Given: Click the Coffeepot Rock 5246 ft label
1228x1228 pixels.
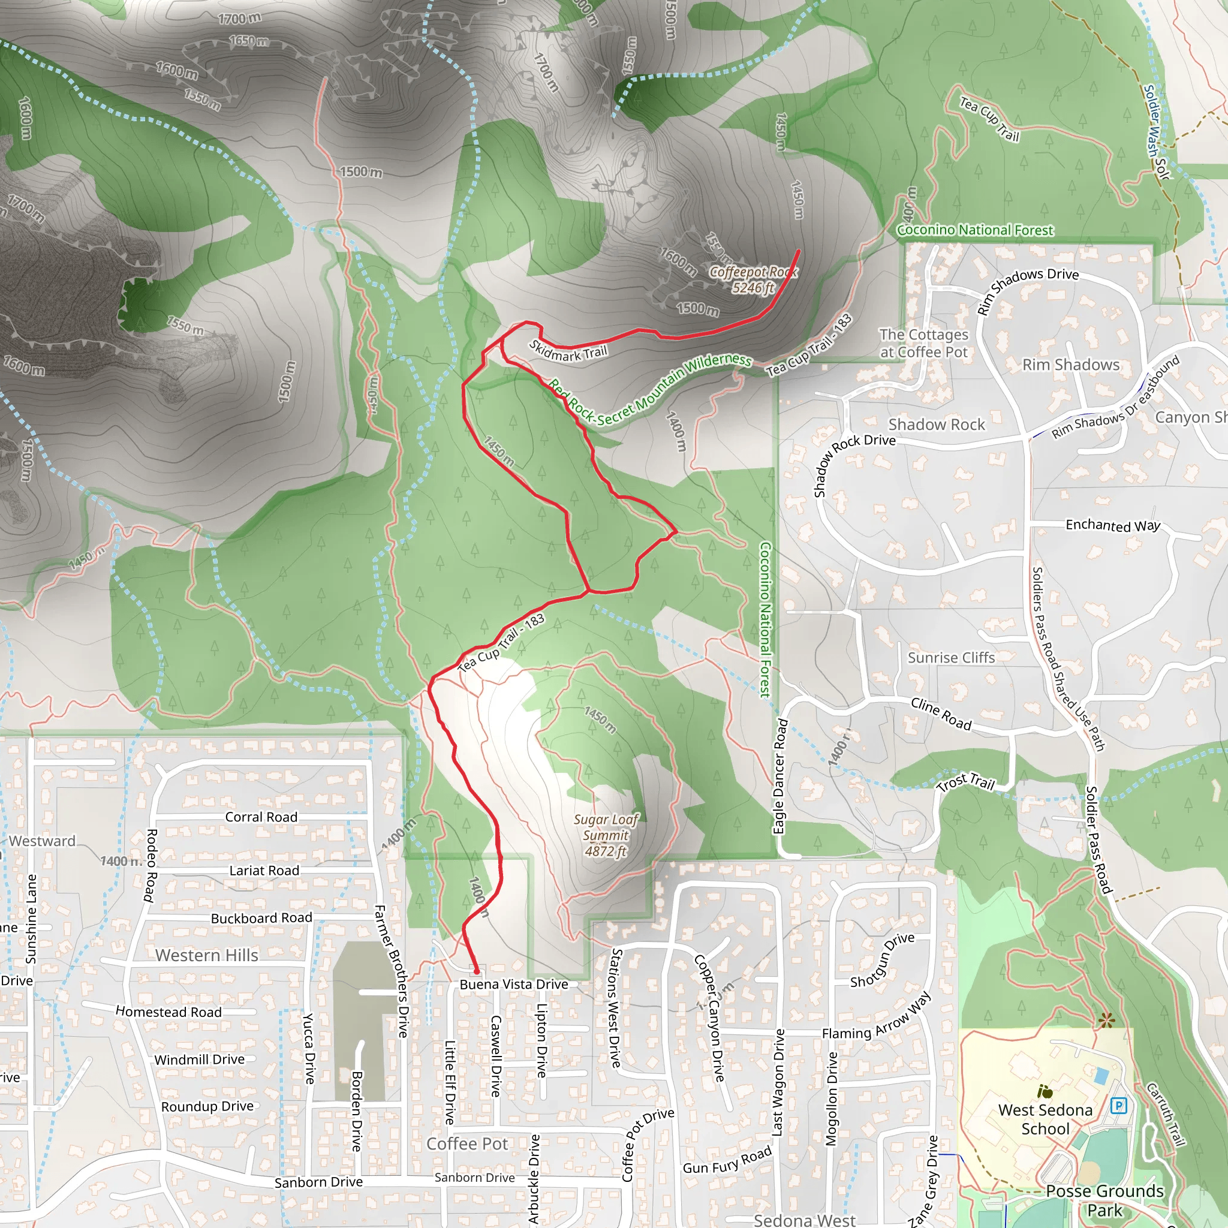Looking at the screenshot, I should (x=753, y=279).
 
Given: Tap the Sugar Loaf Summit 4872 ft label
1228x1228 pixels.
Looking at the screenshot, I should (x=605, y=835).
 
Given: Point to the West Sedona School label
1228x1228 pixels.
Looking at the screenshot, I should (x=1045, y=1119).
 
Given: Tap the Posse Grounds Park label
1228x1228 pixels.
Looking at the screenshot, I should (x=1104, y=1200).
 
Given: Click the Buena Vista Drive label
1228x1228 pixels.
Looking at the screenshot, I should (x=514, y=984).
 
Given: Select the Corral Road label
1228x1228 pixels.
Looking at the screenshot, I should (x=261, y=817).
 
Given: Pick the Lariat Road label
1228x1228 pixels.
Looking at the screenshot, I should (x=264, y=870).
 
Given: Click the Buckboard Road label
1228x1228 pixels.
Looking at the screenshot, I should (x=261, y=918).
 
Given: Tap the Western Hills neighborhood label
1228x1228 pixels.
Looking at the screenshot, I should (x=207, y=955).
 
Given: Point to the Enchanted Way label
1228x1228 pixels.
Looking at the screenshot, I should (x=1113, y=525).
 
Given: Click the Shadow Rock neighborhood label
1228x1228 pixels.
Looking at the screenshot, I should (x=936, y=424).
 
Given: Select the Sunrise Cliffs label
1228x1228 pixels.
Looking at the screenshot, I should (x=951, y=657).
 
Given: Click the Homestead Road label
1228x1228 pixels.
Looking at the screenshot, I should (x=168, y=1012).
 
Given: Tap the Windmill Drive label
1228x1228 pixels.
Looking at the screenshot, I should (x=199, y=1060).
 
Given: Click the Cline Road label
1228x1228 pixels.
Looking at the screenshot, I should (x=941, y=714).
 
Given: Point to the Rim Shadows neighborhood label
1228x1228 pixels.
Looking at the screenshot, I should (x=1070, y=364).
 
